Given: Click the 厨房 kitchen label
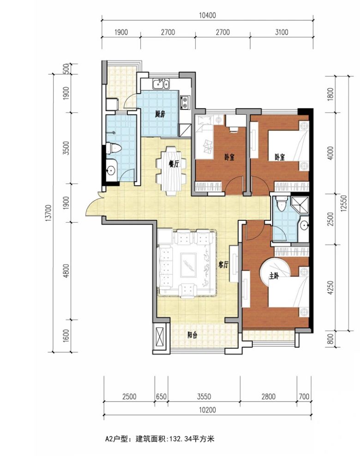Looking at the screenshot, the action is pyautogui.click(x=160, y=114).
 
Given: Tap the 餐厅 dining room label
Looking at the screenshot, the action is pyautogui.click(x=174, y=164).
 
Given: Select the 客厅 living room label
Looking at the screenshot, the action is pyautogui.click(x=223, y=265).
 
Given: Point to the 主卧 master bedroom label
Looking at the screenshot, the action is pyautogui.click(x=274, y=275).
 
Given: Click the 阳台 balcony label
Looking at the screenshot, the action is pyautogui.click(x=192, y=335).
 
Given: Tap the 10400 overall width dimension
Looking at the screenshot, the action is pyautogui.click(x=208, y=15).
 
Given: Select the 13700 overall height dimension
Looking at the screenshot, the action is pyautogui.click(x=48, y=213).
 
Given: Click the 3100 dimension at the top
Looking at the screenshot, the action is pyautogui.click(x=282, y=32).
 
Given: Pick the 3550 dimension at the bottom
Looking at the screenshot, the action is pyautogui.click(x=204, y=397).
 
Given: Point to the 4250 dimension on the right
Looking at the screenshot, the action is pyautogui.click(x=330, y=288).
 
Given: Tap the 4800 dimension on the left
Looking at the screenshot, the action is pyautogui.click(x=66, y=271).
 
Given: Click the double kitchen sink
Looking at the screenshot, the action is pyautogui.click(x=161, y=84).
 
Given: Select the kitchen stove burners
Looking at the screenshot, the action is pyautogui.click(x=185, y=102).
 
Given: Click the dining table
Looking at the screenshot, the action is pyautogui.click(x=171, y=171).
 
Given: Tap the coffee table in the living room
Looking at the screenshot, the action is pyautogui.click(x=188, y=265).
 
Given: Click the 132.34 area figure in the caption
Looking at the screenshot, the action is pyautogui.click(x=182, y=438).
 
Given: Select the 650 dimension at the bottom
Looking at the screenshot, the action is pyautogui.click(x=161, y=397).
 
